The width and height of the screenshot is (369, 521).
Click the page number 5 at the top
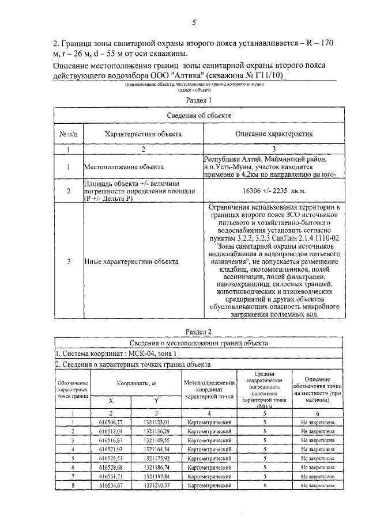pos(194,22)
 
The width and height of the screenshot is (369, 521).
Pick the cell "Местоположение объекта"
pos(122,167)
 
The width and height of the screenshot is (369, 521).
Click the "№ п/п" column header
pos(68,134)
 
